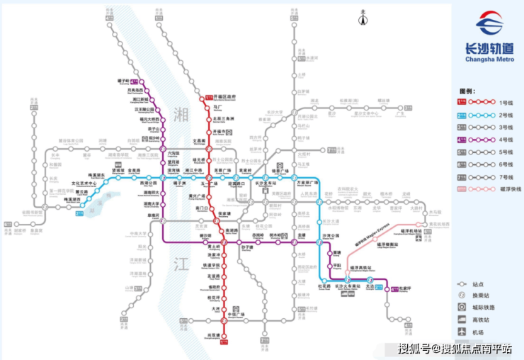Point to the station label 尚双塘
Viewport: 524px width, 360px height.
click(x=214, y=334)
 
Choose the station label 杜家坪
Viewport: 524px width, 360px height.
click(x=405, y=288)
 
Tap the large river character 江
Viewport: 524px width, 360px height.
click(x=177, y=264)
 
